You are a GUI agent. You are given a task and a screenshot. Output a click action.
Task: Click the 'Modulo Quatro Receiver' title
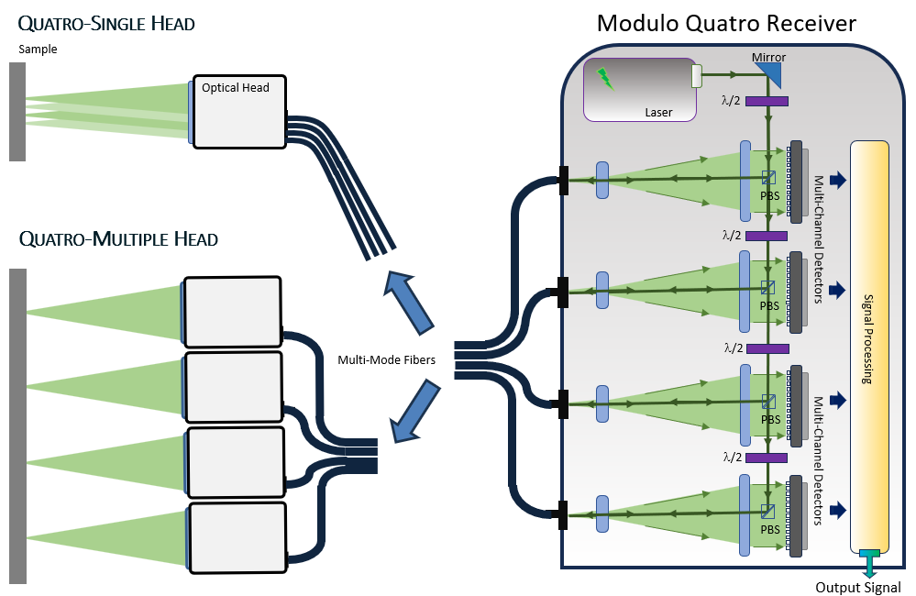[x=726, y=23]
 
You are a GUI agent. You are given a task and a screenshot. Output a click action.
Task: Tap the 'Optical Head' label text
[x=236, y=88]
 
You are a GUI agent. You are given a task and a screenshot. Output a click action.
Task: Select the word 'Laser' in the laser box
[x=658, y=112]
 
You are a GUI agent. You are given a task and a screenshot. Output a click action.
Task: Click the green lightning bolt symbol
[x=605, y=80]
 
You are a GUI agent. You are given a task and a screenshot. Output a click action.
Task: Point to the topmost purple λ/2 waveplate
[x=767, y=102]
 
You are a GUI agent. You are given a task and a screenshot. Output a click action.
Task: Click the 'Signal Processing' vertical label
[x=868, y=339]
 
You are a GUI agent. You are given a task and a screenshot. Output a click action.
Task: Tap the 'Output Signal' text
[x=858, y=587]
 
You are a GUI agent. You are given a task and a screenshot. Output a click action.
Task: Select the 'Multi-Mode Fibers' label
[x=387, y=360]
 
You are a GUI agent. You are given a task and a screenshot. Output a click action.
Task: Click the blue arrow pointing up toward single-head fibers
[x=408, y=303]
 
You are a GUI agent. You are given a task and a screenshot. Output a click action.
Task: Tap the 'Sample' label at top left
[x=38, y=50]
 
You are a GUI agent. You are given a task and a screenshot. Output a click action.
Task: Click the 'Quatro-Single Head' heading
[x=106, y=24]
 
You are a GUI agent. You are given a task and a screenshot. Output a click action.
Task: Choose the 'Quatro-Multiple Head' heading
[x=118, y=239]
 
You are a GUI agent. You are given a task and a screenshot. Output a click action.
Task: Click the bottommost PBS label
[x=770, y=529]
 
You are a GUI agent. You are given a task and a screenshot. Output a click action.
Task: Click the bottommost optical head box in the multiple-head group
[x=237, y=537]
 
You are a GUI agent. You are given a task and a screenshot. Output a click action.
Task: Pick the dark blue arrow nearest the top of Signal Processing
[x=838, y=180]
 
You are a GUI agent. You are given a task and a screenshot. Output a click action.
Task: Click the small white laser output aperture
[x=696, y=76]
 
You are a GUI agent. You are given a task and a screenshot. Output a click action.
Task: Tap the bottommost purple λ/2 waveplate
[x=767, y=458]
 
